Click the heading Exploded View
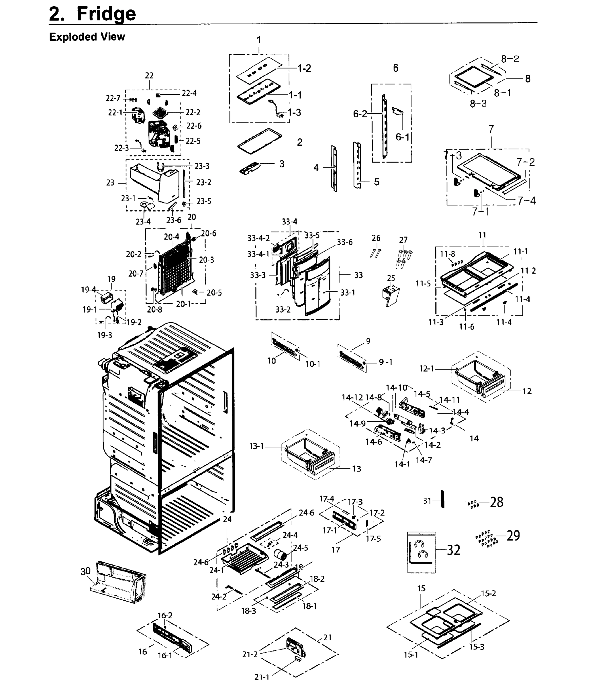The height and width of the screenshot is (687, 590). point(87,37)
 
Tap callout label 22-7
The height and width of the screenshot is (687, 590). point(113,98)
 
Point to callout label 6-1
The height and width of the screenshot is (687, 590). point(402,137)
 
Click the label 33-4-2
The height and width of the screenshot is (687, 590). point(258,238)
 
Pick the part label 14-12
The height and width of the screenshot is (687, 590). point(352,397)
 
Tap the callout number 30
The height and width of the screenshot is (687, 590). point(85,571)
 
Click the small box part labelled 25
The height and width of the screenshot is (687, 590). point(391,295)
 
